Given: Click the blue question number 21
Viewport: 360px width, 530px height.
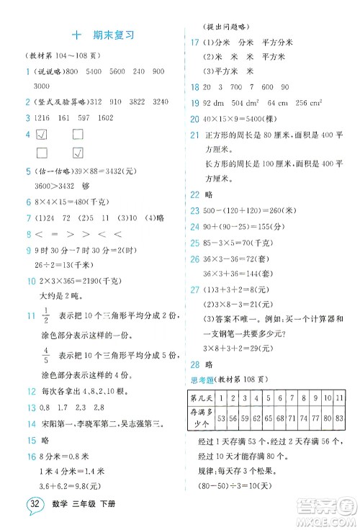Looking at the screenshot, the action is tap(195, 135).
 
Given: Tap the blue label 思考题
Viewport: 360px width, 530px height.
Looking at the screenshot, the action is tap(201, 380).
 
